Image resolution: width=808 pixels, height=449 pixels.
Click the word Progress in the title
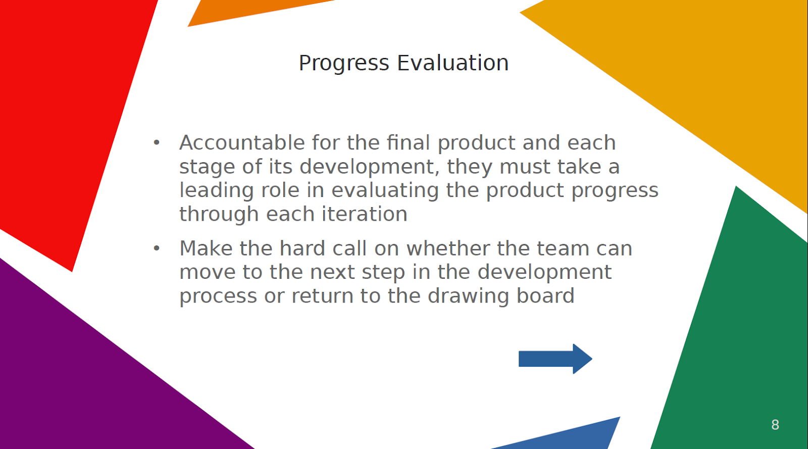tap(344, 64)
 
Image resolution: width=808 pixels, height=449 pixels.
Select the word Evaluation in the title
tap(452, 63)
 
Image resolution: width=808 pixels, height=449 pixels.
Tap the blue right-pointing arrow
tap(555, 359)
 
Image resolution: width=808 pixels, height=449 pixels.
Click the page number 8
tap(775, 425)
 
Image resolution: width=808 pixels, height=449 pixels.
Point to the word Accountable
tap(242, 142)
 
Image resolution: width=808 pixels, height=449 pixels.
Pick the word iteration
tap(364, 214)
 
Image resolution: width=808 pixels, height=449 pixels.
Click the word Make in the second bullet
tap(206, 248)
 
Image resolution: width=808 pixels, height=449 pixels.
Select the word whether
tap(447, 248)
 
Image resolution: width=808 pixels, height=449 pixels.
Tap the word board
tap(545, 296)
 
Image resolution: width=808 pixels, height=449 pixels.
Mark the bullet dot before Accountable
tap(157, 142)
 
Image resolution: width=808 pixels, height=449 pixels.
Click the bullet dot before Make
tap(157, 248)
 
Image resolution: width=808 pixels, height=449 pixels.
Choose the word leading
tap(217, 191)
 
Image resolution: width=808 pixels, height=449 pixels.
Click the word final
tap(409, 142)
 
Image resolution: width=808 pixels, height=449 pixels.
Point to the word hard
tap(302, 248)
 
